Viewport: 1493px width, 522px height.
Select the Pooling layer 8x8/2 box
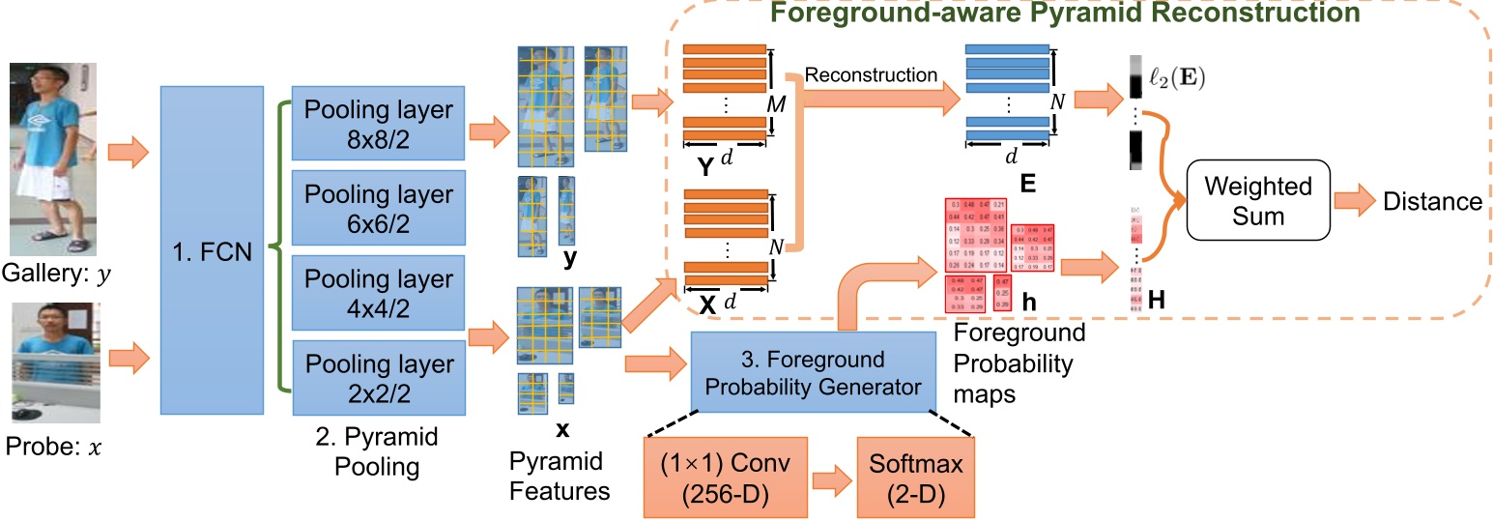[x=378, y=124]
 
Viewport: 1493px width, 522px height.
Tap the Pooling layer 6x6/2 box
[x=378, y=209]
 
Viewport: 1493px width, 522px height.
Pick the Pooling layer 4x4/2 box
[x=378, y=293]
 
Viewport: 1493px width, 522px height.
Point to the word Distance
[x=1432, y=201]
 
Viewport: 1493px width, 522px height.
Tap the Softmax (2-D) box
[x=916, y=478]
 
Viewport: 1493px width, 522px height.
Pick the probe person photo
[x=55, y=362]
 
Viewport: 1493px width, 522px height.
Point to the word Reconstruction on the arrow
[x=871, y=74]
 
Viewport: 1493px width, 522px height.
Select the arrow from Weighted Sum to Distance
[x=1354, y=201]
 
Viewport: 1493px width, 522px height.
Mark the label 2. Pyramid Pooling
[x=378, y=451]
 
